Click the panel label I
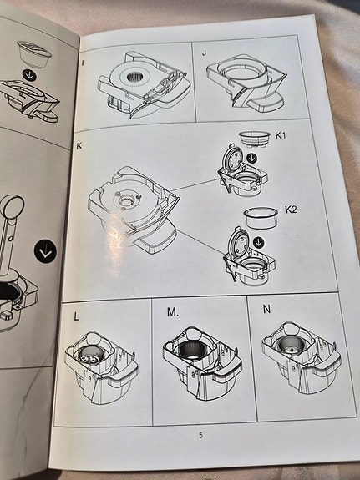coord(83,63)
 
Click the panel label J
coord(205,53)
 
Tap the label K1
coord(281,135)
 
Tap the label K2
coord(291,210)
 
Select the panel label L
coord(76,316)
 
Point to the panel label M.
coord(173,312)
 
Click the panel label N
coord(266,309)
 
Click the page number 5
coord(201,435)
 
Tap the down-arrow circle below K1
coord(252,158)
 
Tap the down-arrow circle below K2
coord(259,243)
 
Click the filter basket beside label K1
coord(255,139)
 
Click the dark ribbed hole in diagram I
coord(134,78)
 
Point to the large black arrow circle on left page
coord(45,251)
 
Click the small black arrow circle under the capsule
coord(29,75)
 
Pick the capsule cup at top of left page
coord(34,54)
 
